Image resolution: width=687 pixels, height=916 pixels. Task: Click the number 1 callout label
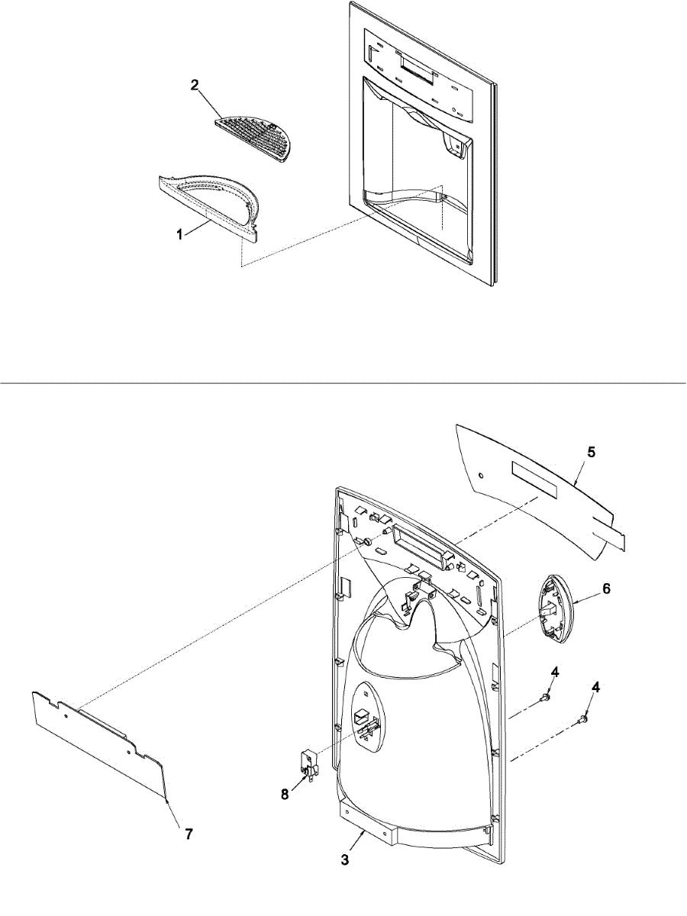(180, 235)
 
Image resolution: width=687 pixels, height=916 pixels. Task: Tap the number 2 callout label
(195, 85)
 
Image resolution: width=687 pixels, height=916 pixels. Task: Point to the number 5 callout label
(591, 452)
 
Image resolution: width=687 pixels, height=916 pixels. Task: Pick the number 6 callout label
(607, 589)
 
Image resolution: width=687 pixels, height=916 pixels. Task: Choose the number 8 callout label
(284, 794)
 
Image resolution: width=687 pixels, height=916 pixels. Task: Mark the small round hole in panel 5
(480, 475)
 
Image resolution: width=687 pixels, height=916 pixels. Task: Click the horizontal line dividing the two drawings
(343, 382)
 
